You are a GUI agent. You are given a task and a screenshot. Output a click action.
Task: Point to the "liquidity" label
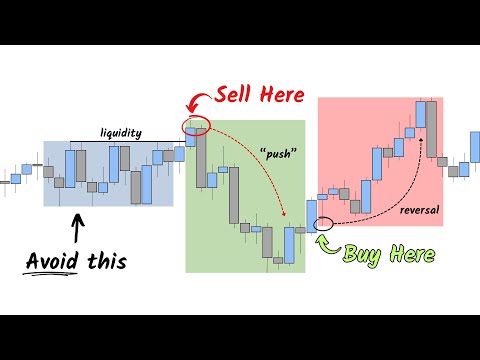pos(122,131)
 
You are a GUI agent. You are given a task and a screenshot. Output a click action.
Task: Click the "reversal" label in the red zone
pos(419,210)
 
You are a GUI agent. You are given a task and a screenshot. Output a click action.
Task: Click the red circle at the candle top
pos(196,125)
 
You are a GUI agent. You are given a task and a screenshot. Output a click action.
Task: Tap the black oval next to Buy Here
pos(324,223)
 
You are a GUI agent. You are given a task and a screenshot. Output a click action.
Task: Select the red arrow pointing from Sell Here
pos(200,102)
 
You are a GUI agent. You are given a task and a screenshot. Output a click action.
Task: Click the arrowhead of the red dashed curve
pos(284,216)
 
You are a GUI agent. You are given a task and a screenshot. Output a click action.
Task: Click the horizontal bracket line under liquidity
pos(122,139)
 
